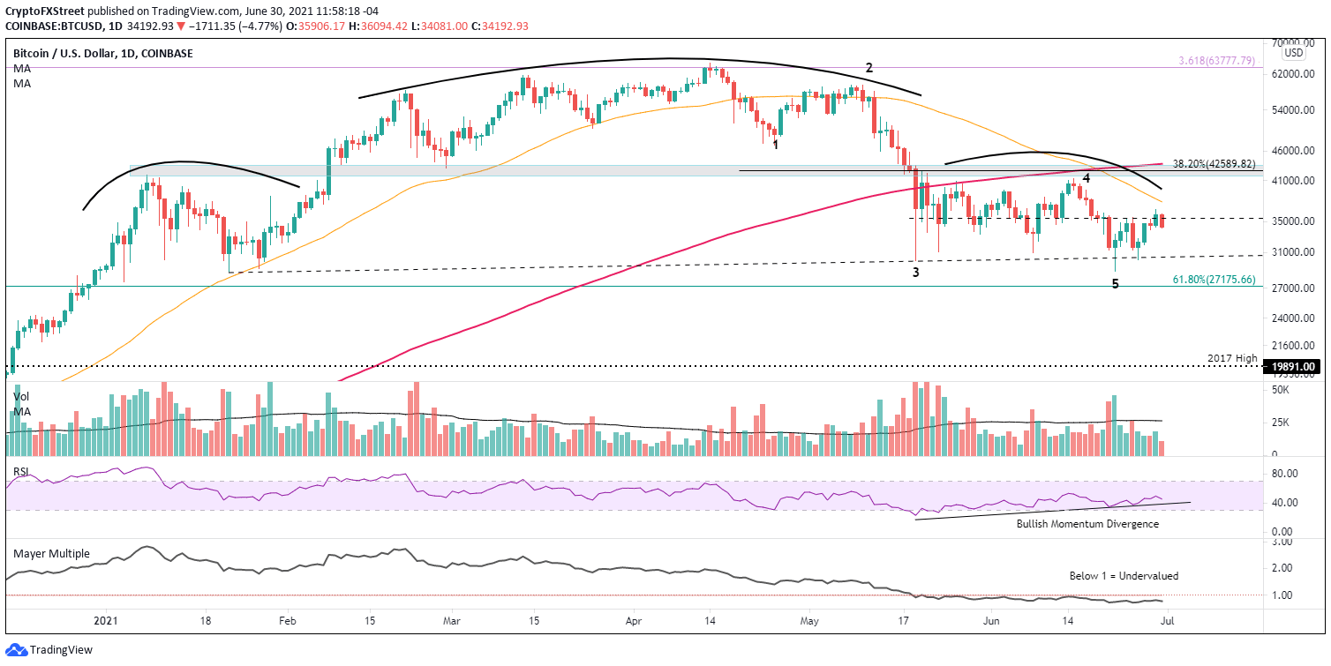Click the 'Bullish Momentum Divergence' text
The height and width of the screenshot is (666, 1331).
[1087, 524]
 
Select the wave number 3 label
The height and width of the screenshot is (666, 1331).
[916, 273]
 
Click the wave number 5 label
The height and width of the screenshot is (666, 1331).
[1115, 284]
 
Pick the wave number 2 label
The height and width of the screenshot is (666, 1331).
[869, 68]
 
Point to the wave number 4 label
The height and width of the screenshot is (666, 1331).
[1087, 177]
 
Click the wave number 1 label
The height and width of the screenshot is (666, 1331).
[776, 144]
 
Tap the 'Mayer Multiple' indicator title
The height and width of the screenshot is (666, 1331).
[51, 553]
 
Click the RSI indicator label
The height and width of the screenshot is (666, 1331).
[22, 471]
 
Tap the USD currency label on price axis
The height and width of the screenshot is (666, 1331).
[1294, 52]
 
